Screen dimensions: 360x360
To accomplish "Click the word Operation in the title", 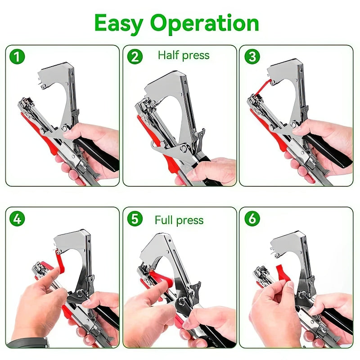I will point(205,23).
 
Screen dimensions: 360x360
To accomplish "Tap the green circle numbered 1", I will point(18,57).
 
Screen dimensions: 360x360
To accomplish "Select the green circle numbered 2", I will point(135,57).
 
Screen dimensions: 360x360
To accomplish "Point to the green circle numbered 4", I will point(18,219).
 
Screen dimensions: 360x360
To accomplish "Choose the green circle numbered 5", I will point(135,219).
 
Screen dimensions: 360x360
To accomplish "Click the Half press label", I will point(184,55).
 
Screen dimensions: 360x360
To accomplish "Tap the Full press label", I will point(179,220).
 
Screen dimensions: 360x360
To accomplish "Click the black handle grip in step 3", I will point(328,151).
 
